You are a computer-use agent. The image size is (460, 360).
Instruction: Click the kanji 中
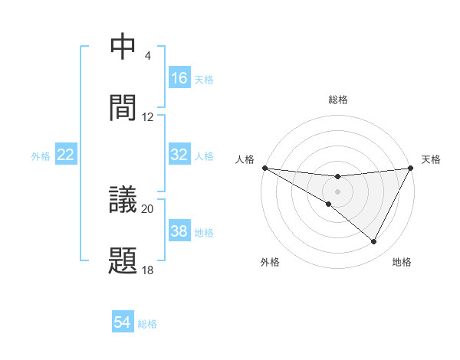pos(123,47)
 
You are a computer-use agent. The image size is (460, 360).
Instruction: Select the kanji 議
pos(123,201)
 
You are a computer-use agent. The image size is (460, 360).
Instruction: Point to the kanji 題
pos(123,260)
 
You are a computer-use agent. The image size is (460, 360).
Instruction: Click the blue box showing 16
pos(179,78)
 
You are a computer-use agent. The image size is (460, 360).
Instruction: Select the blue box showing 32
pos(179,155)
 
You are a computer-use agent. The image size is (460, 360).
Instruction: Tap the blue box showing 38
pos(179,231)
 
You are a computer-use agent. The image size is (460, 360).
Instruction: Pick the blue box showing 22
pos(66,155)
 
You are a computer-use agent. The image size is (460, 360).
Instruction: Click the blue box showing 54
pos(123,322)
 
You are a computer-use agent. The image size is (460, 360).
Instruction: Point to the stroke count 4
pos(148,56)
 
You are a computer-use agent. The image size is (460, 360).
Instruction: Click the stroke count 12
pos(148,117)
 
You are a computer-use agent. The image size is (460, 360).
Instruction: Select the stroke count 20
pos(148,208)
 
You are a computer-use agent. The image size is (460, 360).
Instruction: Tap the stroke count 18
pos(148,270)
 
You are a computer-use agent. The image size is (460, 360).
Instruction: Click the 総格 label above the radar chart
pos(338,100)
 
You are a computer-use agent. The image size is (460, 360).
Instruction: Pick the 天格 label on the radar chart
pos(431,159)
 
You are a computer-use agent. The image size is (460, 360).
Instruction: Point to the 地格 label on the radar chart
pos(402,262)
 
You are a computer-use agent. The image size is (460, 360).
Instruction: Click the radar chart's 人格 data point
pos(264,167)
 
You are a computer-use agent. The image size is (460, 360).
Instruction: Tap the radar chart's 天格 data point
pos(411,167)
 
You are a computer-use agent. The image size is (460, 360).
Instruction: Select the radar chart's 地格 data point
pos(374,242)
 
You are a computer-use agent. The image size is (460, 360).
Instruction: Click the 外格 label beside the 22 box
pos(41,155)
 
